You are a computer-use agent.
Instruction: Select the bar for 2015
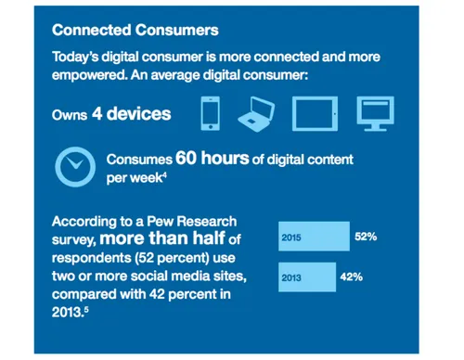pos(314,237)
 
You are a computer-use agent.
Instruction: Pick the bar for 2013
pos(306,276)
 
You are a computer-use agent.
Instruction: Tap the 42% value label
pos(352,276)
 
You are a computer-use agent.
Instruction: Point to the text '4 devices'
pos(132,114)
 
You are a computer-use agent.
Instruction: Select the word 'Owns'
pos(71,115)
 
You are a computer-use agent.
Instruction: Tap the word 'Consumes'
pos(137,160)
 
